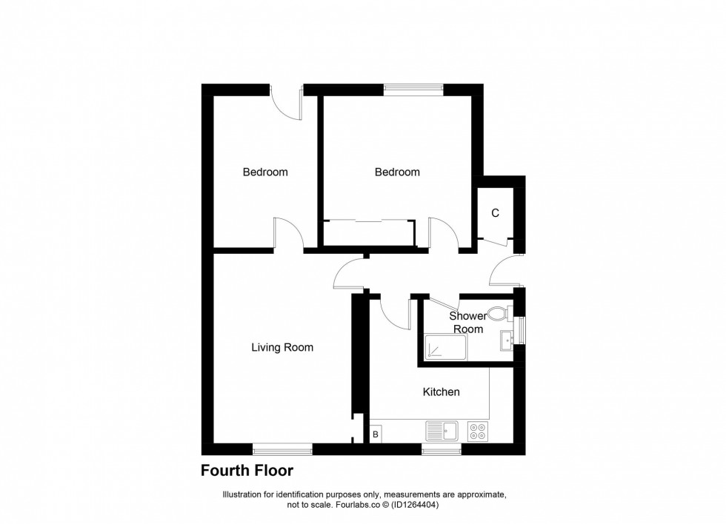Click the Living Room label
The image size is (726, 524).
282,347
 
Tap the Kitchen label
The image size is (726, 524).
441,392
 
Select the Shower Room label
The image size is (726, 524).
468,323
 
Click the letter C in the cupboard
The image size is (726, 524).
496,213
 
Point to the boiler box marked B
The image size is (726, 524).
376,434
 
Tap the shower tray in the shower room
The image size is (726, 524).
444,346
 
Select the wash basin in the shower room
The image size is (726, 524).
507,341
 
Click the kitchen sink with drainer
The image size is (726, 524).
442,430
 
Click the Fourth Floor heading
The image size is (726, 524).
247,471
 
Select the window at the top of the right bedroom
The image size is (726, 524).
413,89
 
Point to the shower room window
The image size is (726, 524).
521,329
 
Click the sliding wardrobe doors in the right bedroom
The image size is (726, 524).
367,221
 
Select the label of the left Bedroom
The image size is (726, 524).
265,172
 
